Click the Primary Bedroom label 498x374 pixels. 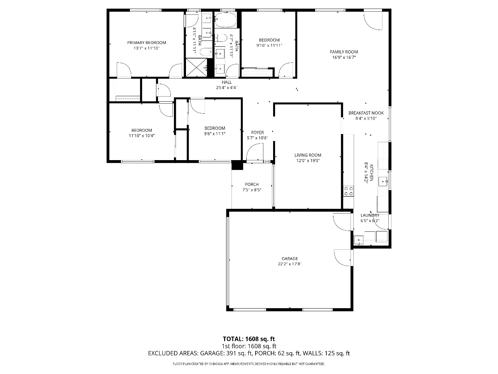tap(146, 43)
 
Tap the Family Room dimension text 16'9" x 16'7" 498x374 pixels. tap(344, 57)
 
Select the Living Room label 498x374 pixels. tap(308, 155)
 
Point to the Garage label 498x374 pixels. tap(289, 258)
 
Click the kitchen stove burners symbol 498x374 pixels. tap(348, 191)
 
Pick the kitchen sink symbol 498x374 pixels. tap(383, 182)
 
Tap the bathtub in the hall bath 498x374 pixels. tap(226, 20)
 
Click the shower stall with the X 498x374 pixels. tap(196, 67)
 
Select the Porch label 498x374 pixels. tap(252, 184)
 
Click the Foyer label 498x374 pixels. tap(257, 132)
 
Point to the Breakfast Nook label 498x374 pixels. tap(366, 113)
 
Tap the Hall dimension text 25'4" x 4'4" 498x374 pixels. tap(226, 88)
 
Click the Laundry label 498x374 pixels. tap(370, 215)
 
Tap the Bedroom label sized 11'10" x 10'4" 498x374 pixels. tap(142, 131)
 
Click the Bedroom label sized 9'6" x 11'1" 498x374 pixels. tap(215, 128)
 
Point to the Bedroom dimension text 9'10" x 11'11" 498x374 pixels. tap(269, 46)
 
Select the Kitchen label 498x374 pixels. tap(371, 173)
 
